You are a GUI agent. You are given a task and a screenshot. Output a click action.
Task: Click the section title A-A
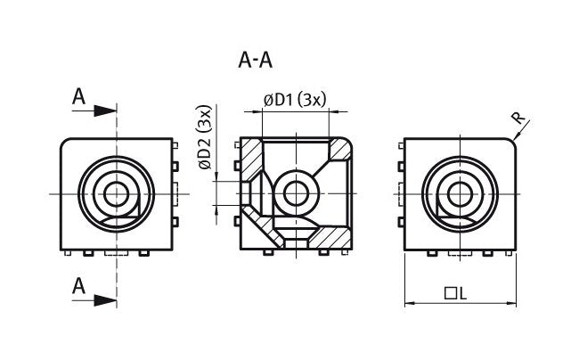[256, 61]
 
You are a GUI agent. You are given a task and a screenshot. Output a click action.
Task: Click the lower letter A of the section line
[78, 286]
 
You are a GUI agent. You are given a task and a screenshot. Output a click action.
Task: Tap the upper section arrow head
[106, 110]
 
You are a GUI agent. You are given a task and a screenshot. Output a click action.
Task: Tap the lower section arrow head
[106, 299]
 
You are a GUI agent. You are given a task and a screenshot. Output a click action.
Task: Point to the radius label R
[518, 117]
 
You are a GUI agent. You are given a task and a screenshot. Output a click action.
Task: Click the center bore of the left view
[116, 193]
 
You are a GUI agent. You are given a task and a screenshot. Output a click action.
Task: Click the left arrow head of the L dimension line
[411, 304]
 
